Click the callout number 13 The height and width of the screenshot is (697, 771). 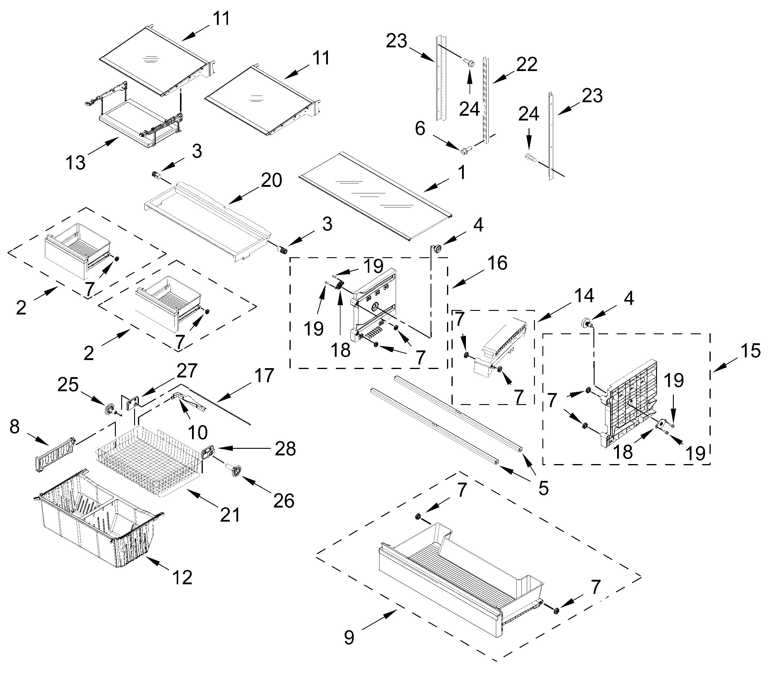tap(75, 163)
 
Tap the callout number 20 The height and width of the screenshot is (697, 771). tap(271, 180)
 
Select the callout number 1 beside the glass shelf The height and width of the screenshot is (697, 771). tap(462, 172)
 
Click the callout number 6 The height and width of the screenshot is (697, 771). tap(420, 129)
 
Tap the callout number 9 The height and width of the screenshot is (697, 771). tap(349, 637)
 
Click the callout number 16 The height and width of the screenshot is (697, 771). tap(497, 263)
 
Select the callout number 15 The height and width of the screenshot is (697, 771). tap(750, 351)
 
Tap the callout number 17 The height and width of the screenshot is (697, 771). tap(264, 376)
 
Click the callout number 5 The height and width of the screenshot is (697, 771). tap(543, 488)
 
